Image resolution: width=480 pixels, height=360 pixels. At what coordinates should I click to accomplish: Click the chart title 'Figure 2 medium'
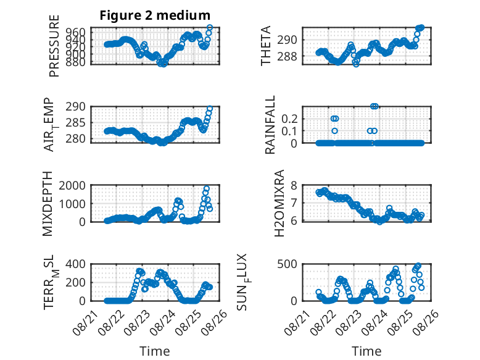click(155, 15)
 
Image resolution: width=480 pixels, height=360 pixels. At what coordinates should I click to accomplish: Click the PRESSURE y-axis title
click(54, 46)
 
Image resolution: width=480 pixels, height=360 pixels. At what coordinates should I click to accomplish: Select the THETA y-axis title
click(266, 46)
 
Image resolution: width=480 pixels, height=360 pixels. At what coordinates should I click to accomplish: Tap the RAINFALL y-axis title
click(270, 125)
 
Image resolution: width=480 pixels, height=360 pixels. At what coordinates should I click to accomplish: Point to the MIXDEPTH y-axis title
click(48, 204)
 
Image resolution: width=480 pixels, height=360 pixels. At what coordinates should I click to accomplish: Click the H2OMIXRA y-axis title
click(279, 203)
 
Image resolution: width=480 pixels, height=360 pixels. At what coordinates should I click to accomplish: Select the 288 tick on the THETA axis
click(287, 56)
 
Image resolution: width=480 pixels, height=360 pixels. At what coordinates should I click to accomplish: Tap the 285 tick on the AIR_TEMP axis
click(76, 123)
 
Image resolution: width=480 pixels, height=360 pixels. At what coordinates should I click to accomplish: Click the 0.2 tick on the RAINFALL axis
click(289, 119)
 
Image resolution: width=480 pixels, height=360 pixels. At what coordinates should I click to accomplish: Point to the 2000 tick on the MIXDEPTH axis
click(72, 185)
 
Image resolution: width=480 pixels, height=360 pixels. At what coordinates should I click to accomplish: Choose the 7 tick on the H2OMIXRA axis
click(294, 203)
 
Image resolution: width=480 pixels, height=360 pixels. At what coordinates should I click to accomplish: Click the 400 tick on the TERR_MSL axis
click(76, 264)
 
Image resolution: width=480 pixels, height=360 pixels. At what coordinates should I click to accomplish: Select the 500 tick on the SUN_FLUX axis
click(287, 264)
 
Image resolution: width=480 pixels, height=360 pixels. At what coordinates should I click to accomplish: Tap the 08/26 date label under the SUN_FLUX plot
click(426, 322)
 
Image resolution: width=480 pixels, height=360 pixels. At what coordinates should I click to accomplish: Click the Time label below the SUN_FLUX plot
click(366, 351)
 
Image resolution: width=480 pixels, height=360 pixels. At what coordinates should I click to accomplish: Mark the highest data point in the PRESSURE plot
click(210, 28)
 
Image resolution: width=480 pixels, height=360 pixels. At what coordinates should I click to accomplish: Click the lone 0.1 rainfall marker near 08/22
click(334, 131)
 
